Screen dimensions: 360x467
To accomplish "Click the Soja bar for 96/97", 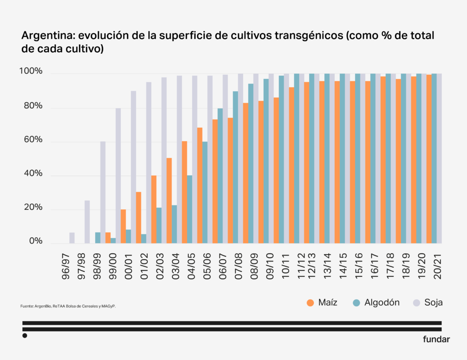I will [72, 238].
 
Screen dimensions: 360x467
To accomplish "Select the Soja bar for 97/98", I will [87, 222].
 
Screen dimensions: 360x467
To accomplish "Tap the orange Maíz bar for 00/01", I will [124, 226].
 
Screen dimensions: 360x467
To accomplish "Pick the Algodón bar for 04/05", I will [190, 209].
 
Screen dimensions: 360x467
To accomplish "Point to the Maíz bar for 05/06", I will [200, 186].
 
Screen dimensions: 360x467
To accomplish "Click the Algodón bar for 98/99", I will [98, 238].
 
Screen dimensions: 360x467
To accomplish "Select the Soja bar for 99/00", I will [118, 176].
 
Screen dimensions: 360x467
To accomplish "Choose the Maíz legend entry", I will [322, 302].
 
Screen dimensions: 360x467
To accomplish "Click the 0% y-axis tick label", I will [36, 241].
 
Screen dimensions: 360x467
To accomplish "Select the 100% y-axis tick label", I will [31, 72].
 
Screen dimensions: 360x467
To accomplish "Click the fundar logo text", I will [436, 339].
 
